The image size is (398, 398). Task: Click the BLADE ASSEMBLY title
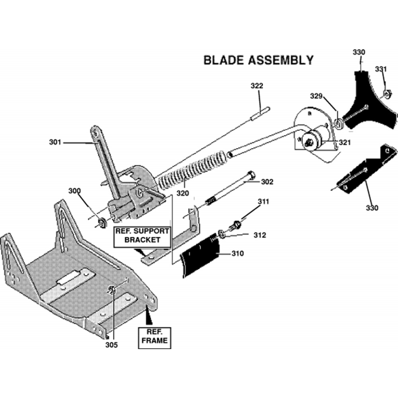258,60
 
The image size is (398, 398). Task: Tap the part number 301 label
55,142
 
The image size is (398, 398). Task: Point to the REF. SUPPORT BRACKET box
142,236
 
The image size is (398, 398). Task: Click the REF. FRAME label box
153,337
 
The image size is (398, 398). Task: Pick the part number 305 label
112,345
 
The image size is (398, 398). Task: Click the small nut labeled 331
386,95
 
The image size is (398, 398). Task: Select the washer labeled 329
339,124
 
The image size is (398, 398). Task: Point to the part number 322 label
257,86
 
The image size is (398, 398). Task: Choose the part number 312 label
259,235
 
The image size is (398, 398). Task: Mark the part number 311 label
263,202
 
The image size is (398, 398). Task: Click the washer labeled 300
101,221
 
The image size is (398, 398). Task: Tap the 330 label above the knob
359,52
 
